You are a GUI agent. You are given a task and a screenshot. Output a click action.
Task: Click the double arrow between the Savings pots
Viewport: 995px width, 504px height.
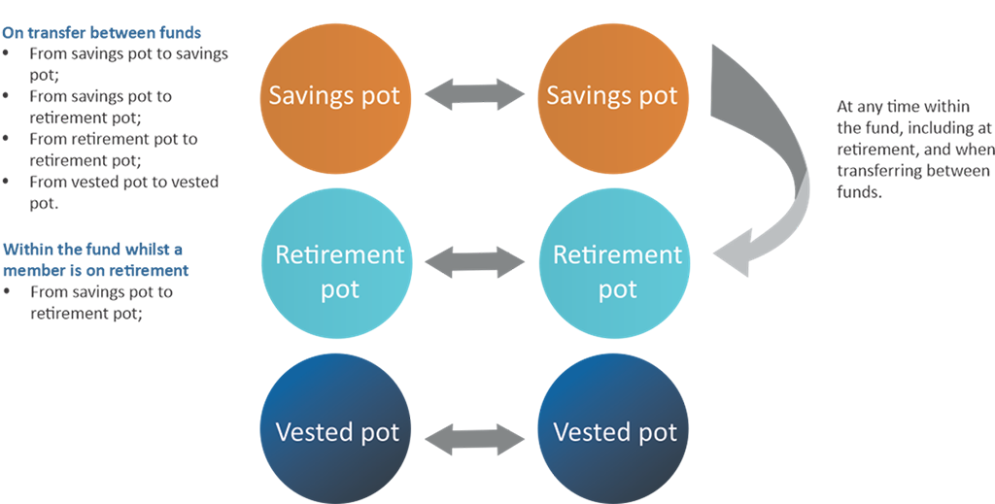473,95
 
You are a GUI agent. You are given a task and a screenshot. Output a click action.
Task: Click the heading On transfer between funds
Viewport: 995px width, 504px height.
101,33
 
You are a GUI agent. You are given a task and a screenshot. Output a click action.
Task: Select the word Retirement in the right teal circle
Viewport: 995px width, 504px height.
618,255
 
